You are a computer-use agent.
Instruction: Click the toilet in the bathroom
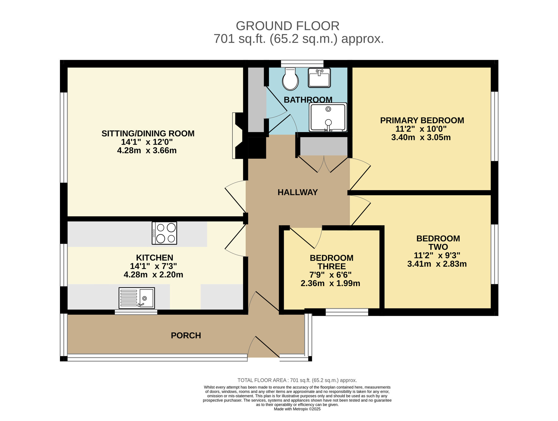pyautogui.click(x=290, y=79)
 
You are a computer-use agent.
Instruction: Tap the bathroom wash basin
pyautogui.click(x=319, y=78)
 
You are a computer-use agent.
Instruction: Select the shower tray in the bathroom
pyautogui.click(x=328, y=117)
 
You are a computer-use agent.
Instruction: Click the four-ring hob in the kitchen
pyautogui.click(x=164, y=233)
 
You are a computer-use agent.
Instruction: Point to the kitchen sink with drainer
pyautogui.click(x=137, y=298)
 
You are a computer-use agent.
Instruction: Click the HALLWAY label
pyautogui.click(x=298, y=192)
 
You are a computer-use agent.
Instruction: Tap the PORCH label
pyautogui.click(x=186, y=335)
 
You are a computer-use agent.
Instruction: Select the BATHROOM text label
pyautogui.click(x=308, y=100)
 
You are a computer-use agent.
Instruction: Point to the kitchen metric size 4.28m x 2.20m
pyautogui.click(x=153, y=275)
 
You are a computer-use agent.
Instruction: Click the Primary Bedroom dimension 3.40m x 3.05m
pyautogui.click(x=421, y=137)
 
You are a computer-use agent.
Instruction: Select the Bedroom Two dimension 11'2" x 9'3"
pyautogui.click(x=437, y=255)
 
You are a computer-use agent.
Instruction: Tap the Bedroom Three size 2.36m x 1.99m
pyautogui.click(x=330, y=283)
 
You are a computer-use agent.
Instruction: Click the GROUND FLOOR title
pyautogui.click(x=288, y=26)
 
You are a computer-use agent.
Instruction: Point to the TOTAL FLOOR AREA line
pyautogui.click(x=297, y=380)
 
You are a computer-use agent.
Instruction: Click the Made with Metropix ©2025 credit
pyautogui.click(x=297, y=409)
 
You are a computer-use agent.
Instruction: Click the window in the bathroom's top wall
pyautogui.click(x=302, y=64)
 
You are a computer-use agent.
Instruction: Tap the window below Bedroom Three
pyautogui.click(x=347, y=312)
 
